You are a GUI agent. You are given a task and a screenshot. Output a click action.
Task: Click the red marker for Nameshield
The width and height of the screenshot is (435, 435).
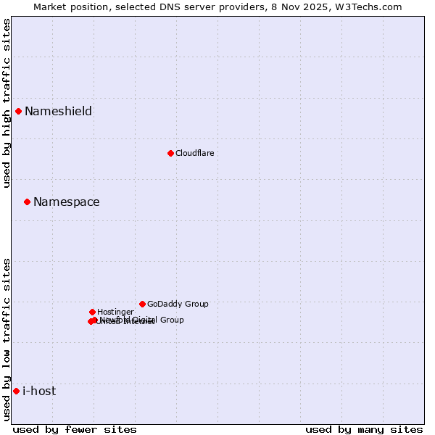18,111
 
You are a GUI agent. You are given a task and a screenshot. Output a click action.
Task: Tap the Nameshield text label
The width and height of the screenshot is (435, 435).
58,111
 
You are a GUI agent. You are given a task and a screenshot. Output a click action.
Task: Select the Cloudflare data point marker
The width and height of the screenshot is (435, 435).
170,153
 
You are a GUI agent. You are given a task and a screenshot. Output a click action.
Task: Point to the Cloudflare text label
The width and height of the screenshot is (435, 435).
194,153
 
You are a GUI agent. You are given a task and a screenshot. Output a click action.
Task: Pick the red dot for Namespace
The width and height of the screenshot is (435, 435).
27,202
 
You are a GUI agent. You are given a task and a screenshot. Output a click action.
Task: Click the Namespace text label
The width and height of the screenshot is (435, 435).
66,202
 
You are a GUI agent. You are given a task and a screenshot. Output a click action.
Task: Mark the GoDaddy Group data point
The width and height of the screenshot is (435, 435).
142,304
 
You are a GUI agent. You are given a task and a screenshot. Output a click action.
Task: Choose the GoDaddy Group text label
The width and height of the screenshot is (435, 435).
178,304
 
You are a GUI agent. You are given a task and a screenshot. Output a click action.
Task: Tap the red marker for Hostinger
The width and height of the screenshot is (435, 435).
92,312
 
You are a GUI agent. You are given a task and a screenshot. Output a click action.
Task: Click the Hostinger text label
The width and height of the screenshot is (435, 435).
115,312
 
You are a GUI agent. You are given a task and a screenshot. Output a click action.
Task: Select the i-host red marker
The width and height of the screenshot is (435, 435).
16,391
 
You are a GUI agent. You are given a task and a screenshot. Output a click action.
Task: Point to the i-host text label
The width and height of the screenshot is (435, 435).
39,391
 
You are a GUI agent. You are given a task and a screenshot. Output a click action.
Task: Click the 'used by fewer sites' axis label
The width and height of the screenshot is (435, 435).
75,429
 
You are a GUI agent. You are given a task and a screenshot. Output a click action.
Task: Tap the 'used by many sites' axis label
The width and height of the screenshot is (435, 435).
364,429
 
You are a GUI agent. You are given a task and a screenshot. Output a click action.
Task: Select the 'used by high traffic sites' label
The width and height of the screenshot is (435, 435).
7,103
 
